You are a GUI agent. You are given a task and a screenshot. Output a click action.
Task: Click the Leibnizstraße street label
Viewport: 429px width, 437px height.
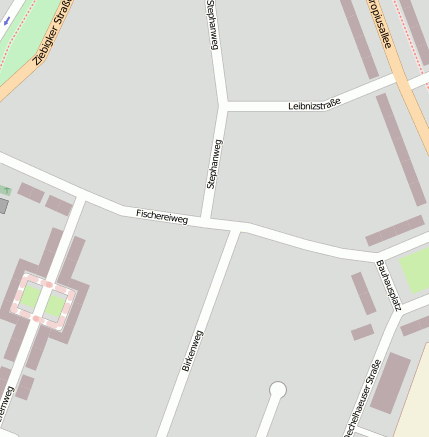[315, 102]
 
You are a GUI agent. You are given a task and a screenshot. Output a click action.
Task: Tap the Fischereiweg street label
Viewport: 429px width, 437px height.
[162, 215]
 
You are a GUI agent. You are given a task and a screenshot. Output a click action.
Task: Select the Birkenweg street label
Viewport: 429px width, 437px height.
[193, 351]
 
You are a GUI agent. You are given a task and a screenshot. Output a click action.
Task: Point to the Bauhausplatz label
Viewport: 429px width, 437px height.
[388, 285]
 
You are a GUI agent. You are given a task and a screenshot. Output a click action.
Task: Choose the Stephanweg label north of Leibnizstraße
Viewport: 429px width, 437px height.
[212, 24]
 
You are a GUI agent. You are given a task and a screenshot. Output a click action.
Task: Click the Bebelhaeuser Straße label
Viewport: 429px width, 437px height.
[363, 397]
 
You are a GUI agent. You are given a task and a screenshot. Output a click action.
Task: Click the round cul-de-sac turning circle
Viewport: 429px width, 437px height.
[278, 390]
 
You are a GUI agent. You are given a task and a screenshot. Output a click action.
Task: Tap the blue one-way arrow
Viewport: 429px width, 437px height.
[5, 18]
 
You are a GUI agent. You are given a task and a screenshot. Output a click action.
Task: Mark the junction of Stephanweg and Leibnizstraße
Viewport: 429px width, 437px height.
[226, 104]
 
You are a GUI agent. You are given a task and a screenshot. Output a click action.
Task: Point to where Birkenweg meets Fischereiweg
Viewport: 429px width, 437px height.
[236, 229]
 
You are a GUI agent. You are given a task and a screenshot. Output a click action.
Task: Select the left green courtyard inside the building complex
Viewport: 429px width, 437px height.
[30, 298]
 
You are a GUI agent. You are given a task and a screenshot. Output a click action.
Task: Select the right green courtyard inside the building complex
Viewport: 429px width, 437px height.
[55, 305]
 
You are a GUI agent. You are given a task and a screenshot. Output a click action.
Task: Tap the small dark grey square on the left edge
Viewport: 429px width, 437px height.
[3, 206]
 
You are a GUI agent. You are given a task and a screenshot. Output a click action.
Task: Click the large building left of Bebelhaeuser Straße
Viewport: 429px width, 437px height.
[390, 383]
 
